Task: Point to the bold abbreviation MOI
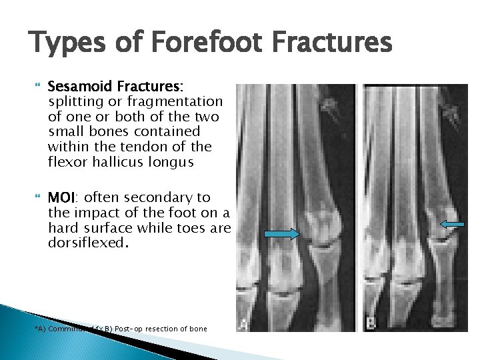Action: (x=62, y=198)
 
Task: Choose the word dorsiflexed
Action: (x=85, y=243)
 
